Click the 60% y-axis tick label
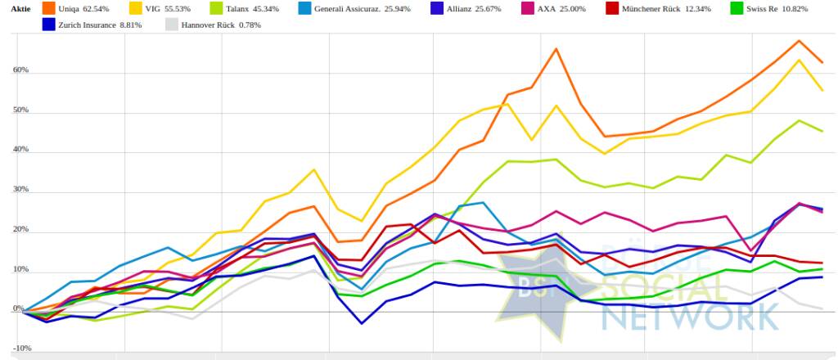coord(20,70)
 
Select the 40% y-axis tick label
coord(20,151)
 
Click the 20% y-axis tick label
coord(20,231)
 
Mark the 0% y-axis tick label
coord(18,310)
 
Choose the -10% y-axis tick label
coord(22,349)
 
